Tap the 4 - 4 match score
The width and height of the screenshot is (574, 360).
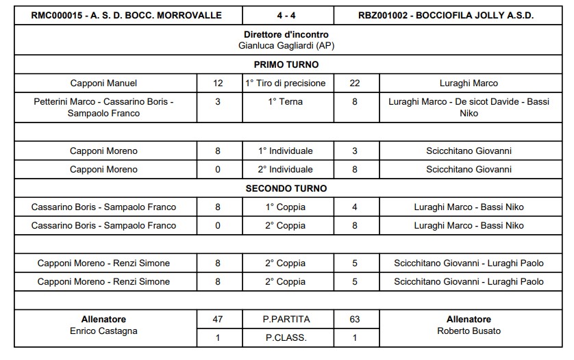click(286, 15)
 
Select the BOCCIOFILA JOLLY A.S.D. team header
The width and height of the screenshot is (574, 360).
click(446, 15)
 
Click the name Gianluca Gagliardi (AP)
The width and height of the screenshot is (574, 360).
click(286, 45)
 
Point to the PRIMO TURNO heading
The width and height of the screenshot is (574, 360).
click(286, 64)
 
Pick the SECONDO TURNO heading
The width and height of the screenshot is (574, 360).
click(286, 188)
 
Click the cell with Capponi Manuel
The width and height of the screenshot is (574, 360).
click(103, 83)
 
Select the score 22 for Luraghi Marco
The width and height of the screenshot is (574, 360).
click(355, 83)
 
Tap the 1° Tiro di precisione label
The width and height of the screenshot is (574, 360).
click(286, 83)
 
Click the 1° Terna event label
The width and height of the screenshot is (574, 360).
click(286, 102)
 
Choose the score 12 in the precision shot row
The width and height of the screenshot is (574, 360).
click(218, 83)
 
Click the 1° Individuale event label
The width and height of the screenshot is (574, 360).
click(286, 151)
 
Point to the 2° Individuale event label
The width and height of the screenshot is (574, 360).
click(286, 169)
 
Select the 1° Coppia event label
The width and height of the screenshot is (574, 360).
click(286, 207)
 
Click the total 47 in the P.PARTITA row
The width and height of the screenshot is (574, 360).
click(218, 319)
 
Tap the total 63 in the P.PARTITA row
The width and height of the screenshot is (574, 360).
click(355, 319)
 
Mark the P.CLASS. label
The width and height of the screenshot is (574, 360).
click(286, 337)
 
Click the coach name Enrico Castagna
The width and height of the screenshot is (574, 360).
click(103, 331)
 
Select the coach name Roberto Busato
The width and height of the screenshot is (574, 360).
click(469, 331)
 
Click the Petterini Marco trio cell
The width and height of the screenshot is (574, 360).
click(103, 107)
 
